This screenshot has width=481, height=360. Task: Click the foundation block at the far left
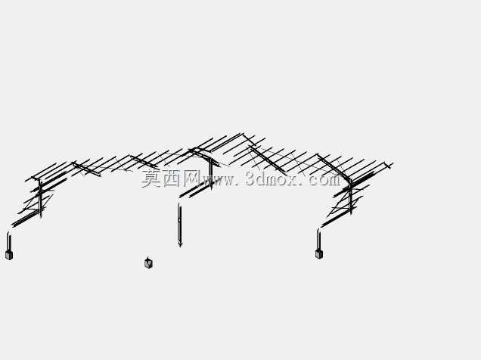coord(9,255)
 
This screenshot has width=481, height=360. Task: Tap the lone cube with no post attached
coord(148,262)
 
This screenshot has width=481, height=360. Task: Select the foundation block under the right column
coord(319,254)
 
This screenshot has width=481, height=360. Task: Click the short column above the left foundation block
coord(9,241)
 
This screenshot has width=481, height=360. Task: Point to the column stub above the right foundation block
coord(318,239)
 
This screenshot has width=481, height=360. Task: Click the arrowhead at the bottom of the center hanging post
coord(180,244)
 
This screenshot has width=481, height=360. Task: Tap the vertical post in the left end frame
coord(40,198)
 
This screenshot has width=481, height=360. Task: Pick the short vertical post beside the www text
coord(211,173)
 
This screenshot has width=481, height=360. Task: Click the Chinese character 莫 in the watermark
coord(151,178)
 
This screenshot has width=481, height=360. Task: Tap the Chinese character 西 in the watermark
coord(172,178)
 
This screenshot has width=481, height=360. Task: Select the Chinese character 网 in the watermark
coord(192,178)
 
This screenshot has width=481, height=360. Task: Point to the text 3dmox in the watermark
coord(272,178)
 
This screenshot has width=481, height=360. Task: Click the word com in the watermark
coord(324,180)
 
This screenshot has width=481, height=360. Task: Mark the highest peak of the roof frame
coord(242,134)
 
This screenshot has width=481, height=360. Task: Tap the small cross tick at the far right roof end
coord(389,166)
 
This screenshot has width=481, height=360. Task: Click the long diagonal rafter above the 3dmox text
coord(268,160)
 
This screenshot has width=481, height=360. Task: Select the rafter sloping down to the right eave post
coord(334,168)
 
